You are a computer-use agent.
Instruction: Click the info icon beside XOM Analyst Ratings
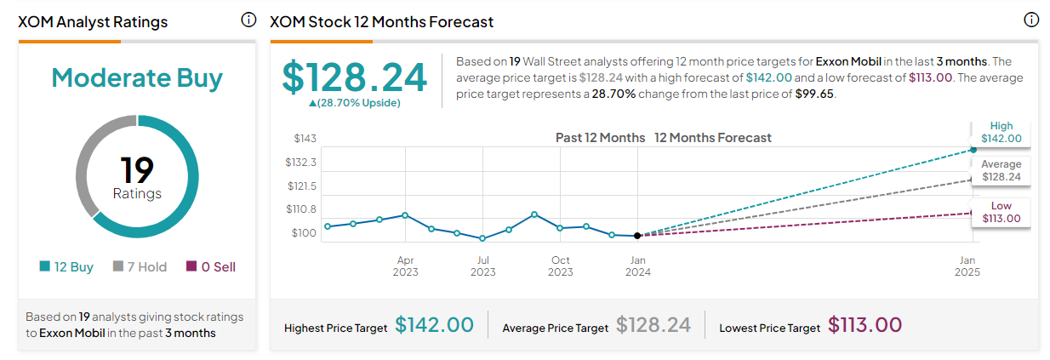pyautogui.click(x=248, y=20)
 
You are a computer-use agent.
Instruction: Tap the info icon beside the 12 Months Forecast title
pyautogui.click(x=1030, y=20)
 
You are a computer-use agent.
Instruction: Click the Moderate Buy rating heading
pyautogui.click(x=137, y=77)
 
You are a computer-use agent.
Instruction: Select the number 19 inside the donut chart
pyautogui.click(x=137, y=169)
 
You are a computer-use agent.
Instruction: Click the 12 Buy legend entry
pyautogui.click(x=66, y=266)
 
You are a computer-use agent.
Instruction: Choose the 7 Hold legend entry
pyautogui.click(x=140, y=266)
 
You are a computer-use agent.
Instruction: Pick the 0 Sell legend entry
pyautogui.click(x=211, y=266)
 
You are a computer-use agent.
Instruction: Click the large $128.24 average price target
pyautogui.click(x=354, y=77)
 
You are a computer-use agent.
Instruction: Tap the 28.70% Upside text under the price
pyautogui.click(x=354, y=103)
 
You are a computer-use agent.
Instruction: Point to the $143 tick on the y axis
pyautogui.click(x=305, y=138)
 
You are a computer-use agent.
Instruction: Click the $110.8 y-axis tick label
pyautogui.click(x=301, y=209)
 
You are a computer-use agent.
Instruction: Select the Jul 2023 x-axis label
pyautogui.click(x=482, y=266)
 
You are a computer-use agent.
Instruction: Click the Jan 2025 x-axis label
pyautogui.click(x=967, y=266)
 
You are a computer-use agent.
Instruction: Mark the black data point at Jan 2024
pyautogui.click(x=637, y=236)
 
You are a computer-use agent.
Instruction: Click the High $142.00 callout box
pyautogui.click(x=1001, y=133)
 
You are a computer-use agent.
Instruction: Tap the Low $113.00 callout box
pyautogui.click(x=1001, y=213)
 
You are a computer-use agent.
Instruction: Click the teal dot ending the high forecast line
pyautogui.click(x=973, y=150)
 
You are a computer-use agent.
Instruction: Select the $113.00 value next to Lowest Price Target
pyautogui.click(x=865, y=325)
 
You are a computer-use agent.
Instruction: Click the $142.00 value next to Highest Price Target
pyautogui.click(x=434, y=325)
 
